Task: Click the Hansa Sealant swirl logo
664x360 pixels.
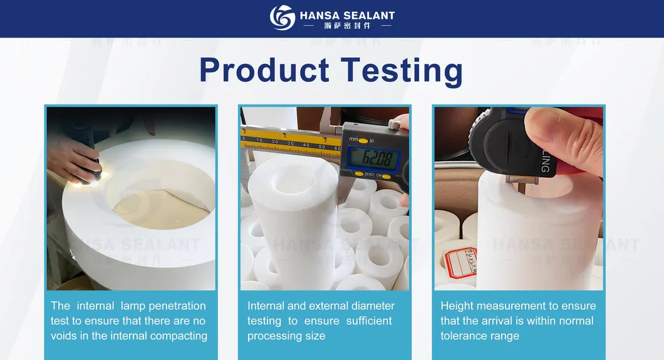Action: (x=282, y=18)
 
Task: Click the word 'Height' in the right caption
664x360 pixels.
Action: (x=457, y=306)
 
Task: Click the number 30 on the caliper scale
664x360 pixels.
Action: (x=290, y=143)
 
